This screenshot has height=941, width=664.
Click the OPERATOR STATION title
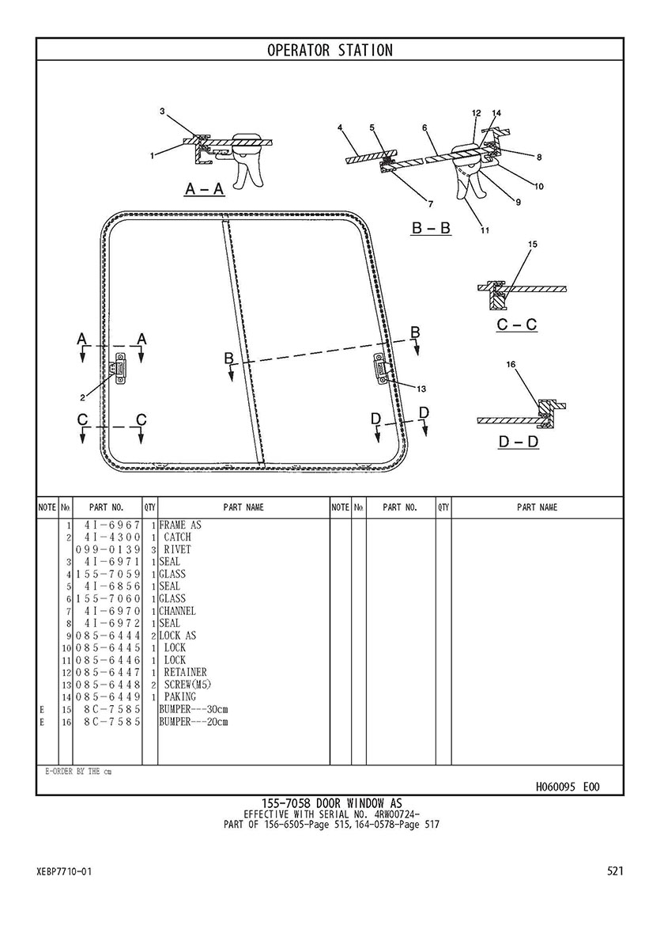[330, 51]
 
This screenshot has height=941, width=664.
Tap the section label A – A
[205, 189]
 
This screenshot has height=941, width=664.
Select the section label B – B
[431, 227]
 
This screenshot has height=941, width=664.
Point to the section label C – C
[517, 324]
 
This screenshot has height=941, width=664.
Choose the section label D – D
[519, 442]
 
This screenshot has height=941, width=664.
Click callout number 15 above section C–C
[532, 245]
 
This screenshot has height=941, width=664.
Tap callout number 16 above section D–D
[511, 364]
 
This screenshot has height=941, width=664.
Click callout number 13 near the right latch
[421, 389]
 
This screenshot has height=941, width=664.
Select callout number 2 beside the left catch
[83, 397]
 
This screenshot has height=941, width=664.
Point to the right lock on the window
[381, 366]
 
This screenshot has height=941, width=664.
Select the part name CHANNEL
[177, 611]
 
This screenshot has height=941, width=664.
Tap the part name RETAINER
[185, 672]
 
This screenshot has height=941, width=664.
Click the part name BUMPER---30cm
[194, 709]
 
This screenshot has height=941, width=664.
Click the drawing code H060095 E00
[567, 787]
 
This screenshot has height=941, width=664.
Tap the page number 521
[616, 871]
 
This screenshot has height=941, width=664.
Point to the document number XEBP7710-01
[64, 871]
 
